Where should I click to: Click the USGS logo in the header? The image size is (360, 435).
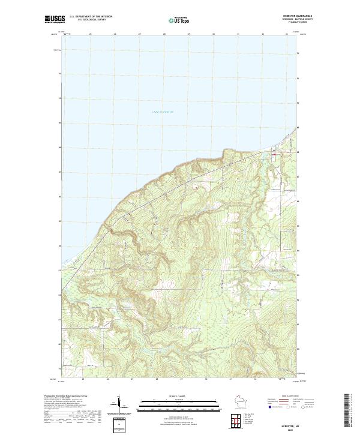(x=55, y=19)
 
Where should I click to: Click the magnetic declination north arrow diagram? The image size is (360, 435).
(x=119, y=404)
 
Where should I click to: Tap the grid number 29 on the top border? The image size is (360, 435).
(x=188, y=34)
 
